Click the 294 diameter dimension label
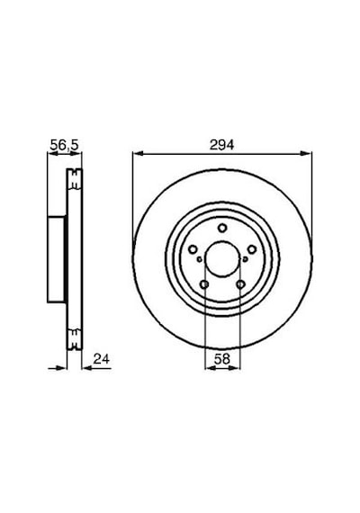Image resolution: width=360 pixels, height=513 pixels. tap(222, 145)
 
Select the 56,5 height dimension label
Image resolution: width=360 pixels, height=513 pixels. tap(64, 145)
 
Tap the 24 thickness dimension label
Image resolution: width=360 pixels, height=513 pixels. tap(102, 359)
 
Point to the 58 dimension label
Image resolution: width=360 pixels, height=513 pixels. tap(222, 359)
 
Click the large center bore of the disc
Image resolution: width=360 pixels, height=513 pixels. tap(222, 258)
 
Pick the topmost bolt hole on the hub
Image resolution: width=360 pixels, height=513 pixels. tap(222, 228)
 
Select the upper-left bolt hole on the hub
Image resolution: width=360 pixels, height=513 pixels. tap(193, 249)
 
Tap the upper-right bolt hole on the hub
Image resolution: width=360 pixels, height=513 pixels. tap(252, 249)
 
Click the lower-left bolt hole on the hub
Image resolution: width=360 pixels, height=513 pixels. tap(204, 284)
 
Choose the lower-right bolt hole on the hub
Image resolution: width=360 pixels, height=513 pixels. tap(240, 284)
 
